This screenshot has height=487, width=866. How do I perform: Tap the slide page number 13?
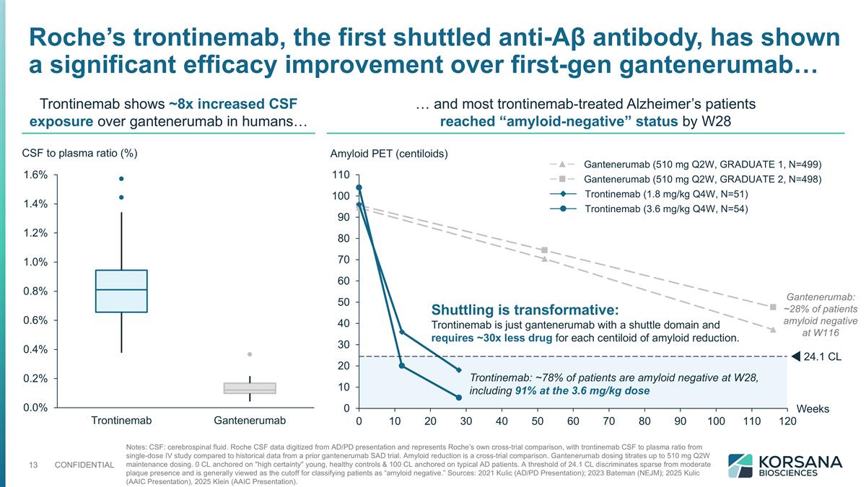click(x=32, y=465)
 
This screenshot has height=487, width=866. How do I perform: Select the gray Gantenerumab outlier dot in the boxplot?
click(x=250, y=354)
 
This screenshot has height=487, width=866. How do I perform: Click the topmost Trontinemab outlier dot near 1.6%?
click(x=121, y=178)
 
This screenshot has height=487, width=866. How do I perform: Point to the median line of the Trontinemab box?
click(x=121, y=290)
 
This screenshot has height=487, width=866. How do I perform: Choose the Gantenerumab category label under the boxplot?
click(x=250, y=421)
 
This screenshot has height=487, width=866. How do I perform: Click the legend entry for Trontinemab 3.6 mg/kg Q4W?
click(x=666, y=209)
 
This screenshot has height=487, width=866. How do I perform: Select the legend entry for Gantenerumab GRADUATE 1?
click(x=702, y=164)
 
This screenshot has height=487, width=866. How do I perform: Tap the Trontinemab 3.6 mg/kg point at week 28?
click(x=459, y=398)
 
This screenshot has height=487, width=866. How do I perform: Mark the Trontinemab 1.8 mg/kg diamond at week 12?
click(x=402, y=333)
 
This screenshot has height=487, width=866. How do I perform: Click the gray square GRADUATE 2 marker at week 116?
click(x=773, y=307)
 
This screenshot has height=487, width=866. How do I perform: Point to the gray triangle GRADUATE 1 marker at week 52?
click(x=545, y=259)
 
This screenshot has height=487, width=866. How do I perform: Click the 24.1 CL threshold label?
click(x=822, y=356)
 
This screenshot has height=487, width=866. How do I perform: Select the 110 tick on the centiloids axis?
click(x=341, y=175)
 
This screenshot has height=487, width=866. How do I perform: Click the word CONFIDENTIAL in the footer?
click(x=84, y=465)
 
